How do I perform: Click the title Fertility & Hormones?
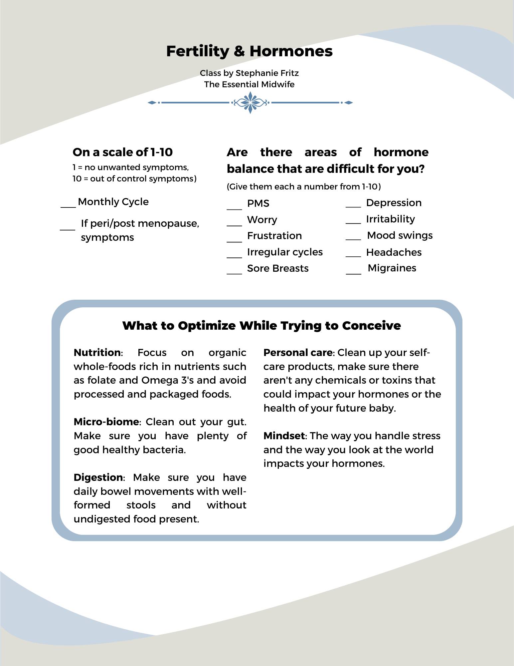(249, 51)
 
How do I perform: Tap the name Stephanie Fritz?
(267, 73)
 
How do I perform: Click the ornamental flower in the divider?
(250, 103)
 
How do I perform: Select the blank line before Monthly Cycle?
(68, 206)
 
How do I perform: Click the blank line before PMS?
(234, 209)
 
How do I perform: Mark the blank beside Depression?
(353, 206)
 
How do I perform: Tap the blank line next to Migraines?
(353, 273)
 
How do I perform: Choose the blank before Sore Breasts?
(234, 273)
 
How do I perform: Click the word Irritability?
(390, 219)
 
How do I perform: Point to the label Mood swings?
(400, 235)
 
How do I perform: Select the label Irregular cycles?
(285, 252)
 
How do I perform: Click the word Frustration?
(274, 236)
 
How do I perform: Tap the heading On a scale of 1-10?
(122, 152)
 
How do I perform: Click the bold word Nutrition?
(97, 353)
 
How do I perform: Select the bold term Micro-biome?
(106, 422)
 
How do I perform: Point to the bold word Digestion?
(98, 478)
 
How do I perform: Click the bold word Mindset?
(284, 436)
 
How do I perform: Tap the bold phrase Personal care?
(298, 353)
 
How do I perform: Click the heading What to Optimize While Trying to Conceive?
(261, 326)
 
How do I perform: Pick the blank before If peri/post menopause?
(68, 229)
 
